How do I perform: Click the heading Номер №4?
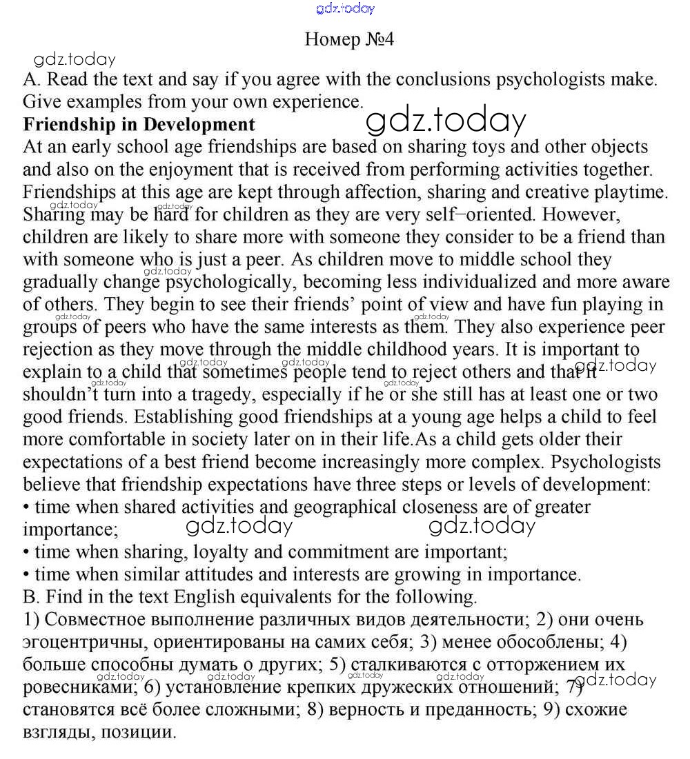349,39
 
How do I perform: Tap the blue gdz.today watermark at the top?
345,8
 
